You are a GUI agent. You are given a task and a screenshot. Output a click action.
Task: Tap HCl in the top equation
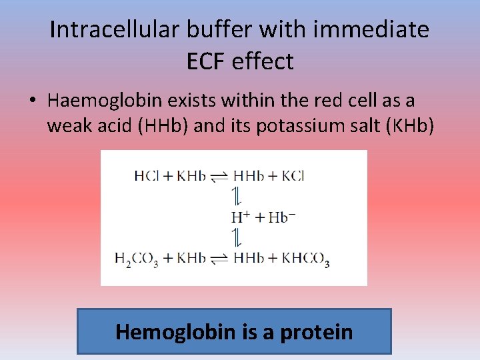tap(146, 177)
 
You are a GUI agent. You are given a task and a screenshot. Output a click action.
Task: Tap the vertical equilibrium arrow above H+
tap(235, 197)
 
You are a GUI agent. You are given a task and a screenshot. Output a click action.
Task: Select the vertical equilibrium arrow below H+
tap(235, 237)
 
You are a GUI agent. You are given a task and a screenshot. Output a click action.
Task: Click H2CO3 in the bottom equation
tap(136, 259)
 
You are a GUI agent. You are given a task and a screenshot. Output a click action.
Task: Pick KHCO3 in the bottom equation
tap(303, 259)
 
